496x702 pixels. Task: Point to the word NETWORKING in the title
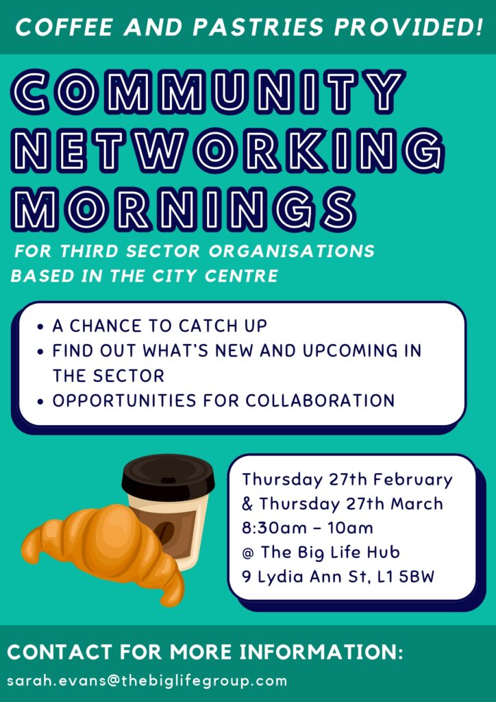coord(227,151)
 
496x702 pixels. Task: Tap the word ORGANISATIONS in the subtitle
coord(292,251)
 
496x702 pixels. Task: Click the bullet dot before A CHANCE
coord(40,327)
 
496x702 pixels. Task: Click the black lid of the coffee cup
coord(168,477)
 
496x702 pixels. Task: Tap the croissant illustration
coord(103,554)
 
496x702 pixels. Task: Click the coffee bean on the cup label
coord(165,533)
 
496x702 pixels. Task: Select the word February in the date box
coord(413,480)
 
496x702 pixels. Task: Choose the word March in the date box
coord(417,504)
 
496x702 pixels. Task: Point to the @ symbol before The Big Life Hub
coord(248,553)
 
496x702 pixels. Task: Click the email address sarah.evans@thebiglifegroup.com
coord(147,681)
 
